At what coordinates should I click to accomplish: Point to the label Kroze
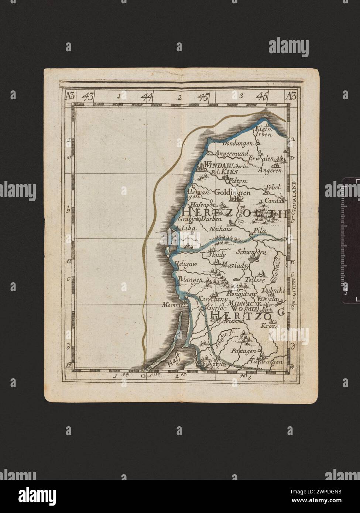click(269, 326)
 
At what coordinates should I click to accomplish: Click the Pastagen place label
click(243, 351)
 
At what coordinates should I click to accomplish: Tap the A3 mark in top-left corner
click(69, 97)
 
